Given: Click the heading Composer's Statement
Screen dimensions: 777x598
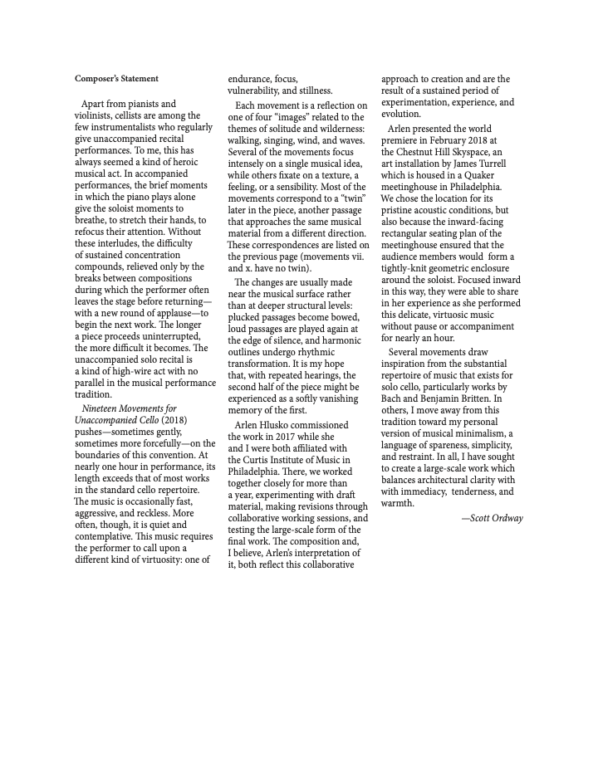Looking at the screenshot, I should click(x=116, y=79).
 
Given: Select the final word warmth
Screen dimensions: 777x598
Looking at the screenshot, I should click(x=397, y=503).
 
